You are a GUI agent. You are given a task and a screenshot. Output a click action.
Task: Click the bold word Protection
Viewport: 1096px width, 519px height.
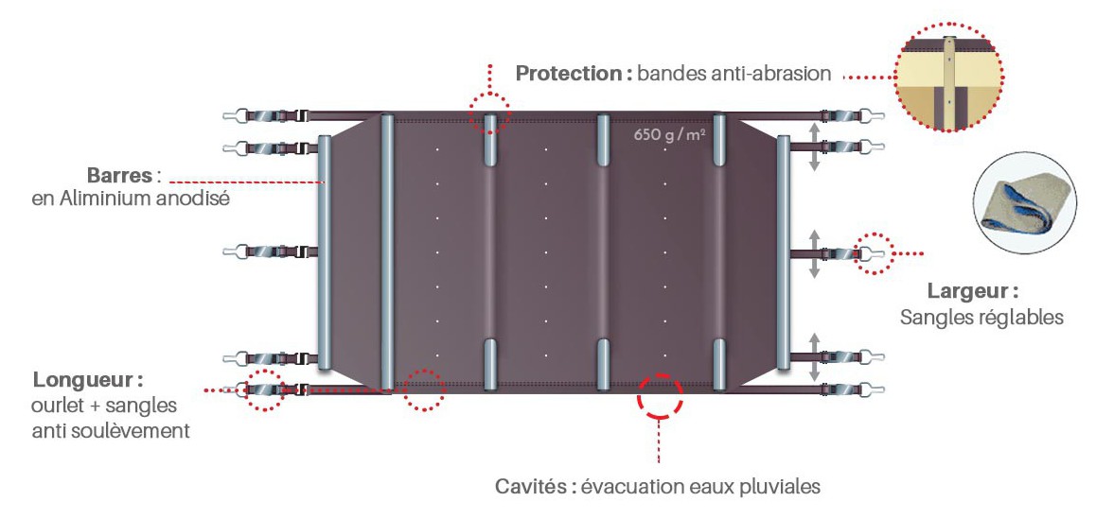click(x=569, y=74)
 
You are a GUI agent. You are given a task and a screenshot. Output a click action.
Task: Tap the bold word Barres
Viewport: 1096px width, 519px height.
click(x=120, y=176)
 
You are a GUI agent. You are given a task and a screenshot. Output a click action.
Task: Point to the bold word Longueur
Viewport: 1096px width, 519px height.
click(x=88, y=381)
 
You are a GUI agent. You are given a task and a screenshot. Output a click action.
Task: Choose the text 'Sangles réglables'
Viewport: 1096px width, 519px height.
click(x=981, y=318)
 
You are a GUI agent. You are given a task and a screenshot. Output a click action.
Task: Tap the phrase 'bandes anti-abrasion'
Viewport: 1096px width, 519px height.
click(x=734, y=74)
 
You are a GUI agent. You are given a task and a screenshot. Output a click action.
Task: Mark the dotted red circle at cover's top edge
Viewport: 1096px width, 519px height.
click(x=489, y=113)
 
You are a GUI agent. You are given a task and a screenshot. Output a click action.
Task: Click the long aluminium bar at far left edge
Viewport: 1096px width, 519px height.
click(x=325, y=251)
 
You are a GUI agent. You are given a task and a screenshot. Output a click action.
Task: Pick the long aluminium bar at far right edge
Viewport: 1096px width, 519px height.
click(x=783, y=251)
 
